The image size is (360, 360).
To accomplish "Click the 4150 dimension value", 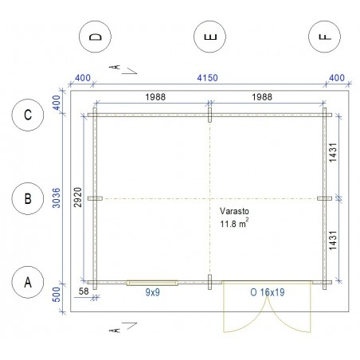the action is pyautogui.click(x=207, y=78).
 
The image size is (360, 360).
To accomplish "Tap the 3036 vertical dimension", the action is pyautogui.click(x=57, y=198).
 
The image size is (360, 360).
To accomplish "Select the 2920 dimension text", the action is pyautogui.click(x=77, y=198).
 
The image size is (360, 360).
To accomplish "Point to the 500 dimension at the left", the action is pyautogui.click(x=57, y=295).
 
